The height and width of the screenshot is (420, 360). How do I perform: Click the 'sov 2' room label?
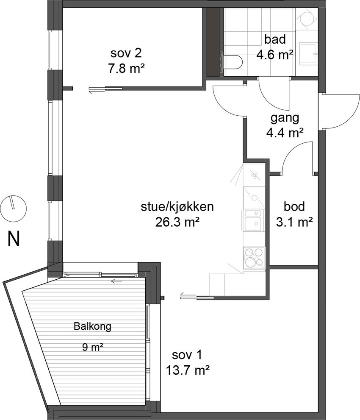click(126, 53)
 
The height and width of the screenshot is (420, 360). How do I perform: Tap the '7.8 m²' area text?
click(126, 69)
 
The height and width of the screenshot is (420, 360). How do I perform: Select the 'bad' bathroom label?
click(275, 39)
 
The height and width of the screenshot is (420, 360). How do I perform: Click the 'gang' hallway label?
click(285, 118)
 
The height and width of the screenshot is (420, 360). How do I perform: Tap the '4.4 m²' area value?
click(285, 133)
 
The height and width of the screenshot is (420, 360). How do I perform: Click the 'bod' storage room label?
click(294, 206)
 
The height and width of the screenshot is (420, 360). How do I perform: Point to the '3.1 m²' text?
click(294, 222)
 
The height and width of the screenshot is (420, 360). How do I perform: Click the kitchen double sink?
click(253, 220)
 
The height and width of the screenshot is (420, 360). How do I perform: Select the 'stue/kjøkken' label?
click(177, 207)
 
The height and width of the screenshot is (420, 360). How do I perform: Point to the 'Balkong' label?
click(92, 326)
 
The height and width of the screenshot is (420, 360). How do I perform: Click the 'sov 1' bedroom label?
click(187, 355)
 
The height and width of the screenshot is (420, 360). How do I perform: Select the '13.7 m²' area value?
click(187, 371)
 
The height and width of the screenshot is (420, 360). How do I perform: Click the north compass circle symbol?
click(13, 209)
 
